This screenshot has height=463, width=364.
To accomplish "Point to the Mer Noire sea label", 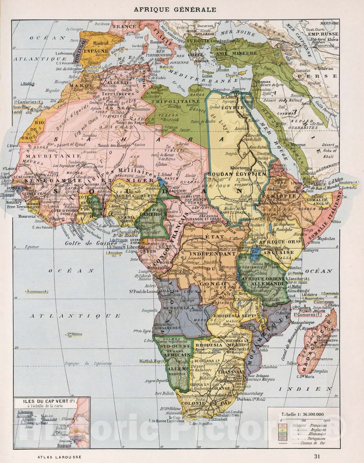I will pos(235,33).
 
